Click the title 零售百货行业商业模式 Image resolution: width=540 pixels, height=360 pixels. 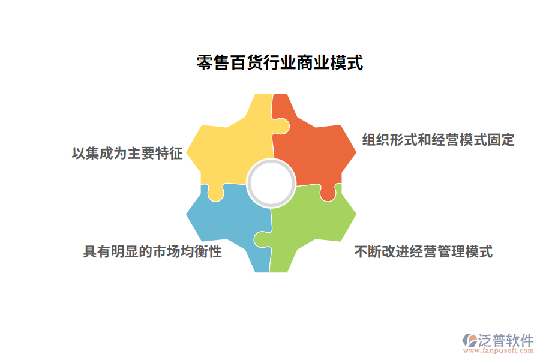point(280,62)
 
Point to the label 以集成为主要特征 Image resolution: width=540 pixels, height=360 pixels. point(127,154)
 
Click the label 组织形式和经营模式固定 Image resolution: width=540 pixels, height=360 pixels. point(438,140)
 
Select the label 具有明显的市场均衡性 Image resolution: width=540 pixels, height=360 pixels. point(152,251)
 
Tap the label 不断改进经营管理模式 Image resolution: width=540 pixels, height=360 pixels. point(423,251)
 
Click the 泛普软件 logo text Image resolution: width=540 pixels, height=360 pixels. point(505,340)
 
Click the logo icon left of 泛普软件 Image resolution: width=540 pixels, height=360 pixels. point(469,340)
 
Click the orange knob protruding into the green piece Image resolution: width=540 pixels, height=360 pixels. point(328,193)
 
